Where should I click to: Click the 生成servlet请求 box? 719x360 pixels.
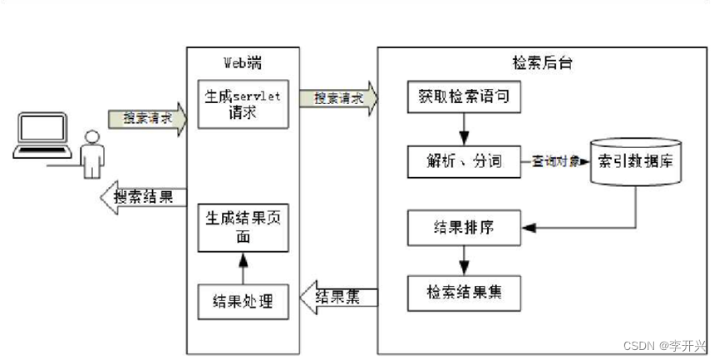(x=243, y=104)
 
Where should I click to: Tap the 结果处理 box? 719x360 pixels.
(x=243, y=301)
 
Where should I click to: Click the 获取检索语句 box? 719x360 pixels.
(x=464, y=97)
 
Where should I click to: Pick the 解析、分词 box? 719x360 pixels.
(x=464, y=161)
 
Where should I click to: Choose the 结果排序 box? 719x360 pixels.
(x=464, y=227)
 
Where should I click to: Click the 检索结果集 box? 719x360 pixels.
(x=464, y=293)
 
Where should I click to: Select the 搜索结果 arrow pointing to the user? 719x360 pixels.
(x=142, y=198)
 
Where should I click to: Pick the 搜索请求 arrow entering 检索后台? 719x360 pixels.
(x=337, y=97)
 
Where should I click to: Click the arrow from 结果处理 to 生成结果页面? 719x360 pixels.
(x=243, y=269)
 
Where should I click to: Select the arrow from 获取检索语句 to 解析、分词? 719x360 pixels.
(x=464, y=129)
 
